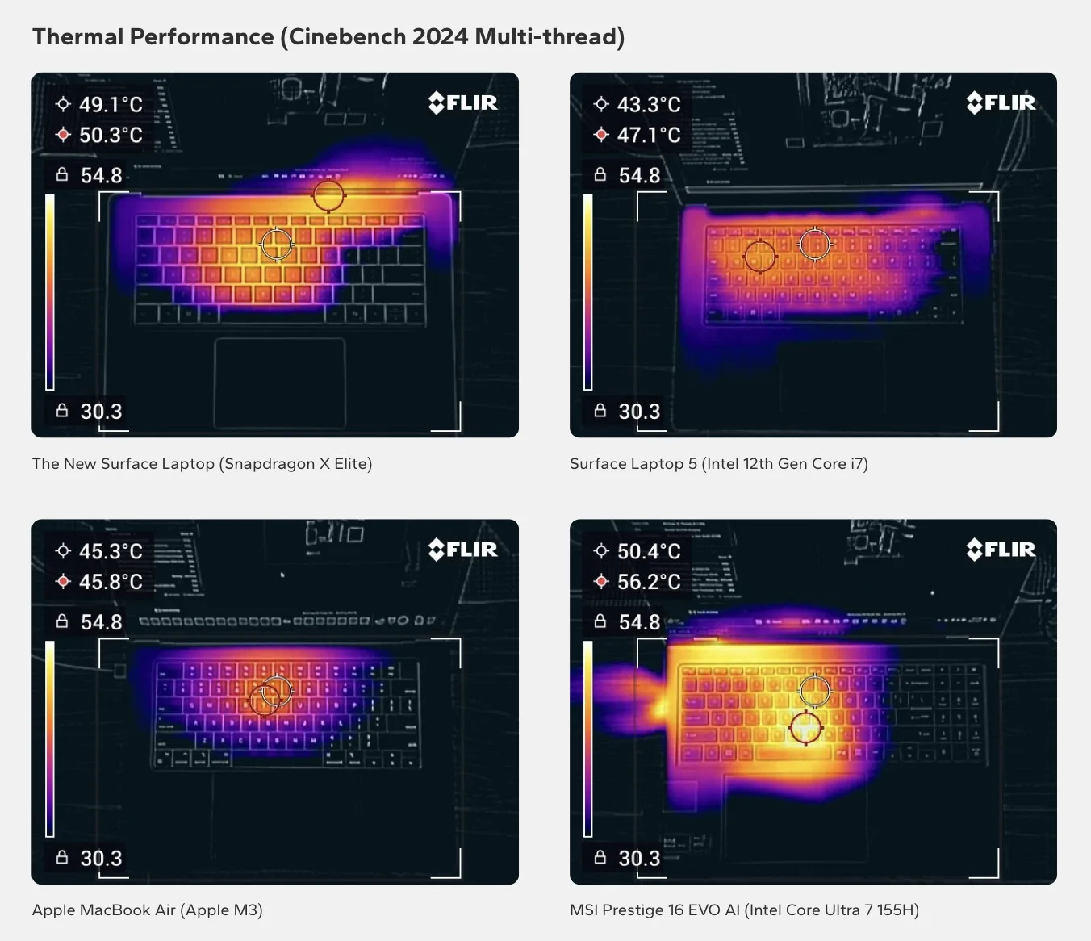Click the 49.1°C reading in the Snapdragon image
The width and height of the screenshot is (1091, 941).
click(x=110, y=104)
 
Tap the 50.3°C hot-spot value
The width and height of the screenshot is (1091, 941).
click(x=110, y=135)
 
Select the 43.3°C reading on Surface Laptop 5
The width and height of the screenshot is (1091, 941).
click(x=648, y=104)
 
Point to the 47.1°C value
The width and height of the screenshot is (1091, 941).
click(x=648, y=135)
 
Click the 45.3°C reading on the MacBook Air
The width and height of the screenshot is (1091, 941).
click(x=110, y=551)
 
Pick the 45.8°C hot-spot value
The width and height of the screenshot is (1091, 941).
click(x=110, y=582)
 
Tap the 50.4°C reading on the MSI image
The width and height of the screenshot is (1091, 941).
click(x=648, y=551)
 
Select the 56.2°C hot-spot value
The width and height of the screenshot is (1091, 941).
click(x=648, y=582)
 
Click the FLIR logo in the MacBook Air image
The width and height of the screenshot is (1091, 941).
click(x=463, y=550)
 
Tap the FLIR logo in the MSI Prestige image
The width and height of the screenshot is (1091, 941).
click(x=1001, y=550)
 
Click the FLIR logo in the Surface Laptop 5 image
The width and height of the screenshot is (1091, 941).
click(x=1001, y=102)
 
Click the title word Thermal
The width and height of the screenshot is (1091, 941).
click(x=77, y=37)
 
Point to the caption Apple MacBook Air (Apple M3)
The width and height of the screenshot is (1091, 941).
click(x=147, y=910)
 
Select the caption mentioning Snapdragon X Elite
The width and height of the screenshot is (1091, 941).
click(x=202, y=464)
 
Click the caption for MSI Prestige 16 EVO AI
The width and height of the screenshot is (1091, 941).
click(x=744, y=910)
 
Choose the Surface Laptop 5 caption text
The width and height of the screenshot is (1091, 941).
click(x=718, y=464)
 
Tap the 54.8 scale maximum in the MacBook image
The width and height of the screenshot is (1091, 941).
click(x=101, y=622)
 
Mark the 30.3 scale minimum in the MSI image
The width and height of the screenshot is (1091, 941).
click(x=639, y=858)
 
